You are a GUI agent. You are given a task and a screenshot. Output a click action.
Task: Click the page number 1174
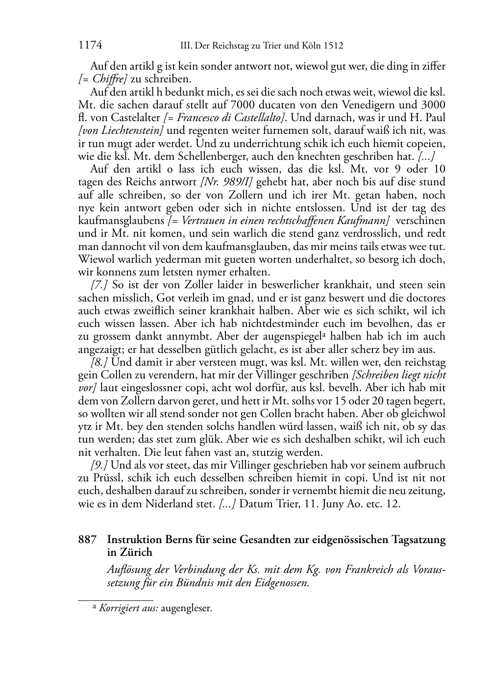pyautogui.click(x=90, y=46)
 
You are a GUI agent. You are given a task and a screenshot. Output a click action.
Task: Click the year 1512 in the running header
pyautogui.click(x=333, y=46)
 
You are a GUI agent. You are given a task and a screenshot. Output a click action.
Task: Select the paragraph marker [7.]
pyautogui.click(x=99, y=285)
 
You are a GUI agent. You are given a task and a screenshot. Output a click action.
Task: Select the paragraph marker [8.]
pyautogui.click(x=99, y=362)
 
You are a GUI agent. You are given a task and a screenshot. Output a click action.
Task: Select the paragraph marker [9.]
pyautogui.click(x=99, y=465)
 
